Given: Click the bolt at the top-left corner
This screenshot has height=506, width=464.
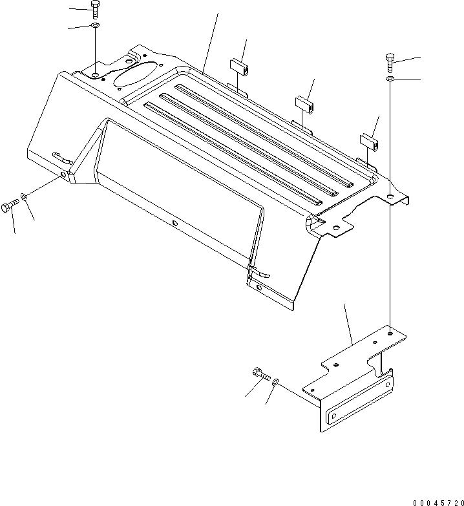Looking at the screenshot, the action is [95, 10].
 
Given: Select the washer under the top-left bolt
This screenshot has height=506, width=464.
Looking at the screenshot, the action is [95, 25].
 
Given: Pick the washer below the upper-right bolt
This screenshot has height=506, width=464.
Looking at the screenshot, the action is [390, 79].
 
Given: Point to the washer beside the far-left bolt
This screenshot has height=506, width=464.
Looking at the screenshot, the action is [23, 196].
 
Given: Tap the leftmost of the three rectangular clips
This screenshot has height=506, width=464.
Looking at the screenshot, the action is [238, 67].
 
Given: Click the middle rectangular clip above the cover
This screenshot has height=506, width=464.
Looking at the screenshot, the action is [305, 105].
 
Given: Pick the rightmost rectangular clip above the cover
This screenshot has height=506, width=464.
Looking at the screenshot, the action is [370, 142].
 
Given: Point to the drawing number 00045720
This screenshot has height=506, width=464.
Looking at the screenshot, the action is [438, 503].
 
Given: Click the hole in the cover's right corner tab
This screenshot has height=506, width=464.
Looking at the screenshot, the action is [336, 229].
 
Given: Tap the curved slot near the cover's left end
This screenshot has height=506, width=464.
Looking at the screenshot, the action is [63, 158].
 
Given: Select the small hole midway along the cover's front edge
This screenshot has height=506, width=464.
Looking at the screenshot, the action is [175, 223].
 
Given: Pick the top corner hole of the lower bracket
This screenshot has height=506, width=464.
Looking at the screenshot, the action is [390, 333].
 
